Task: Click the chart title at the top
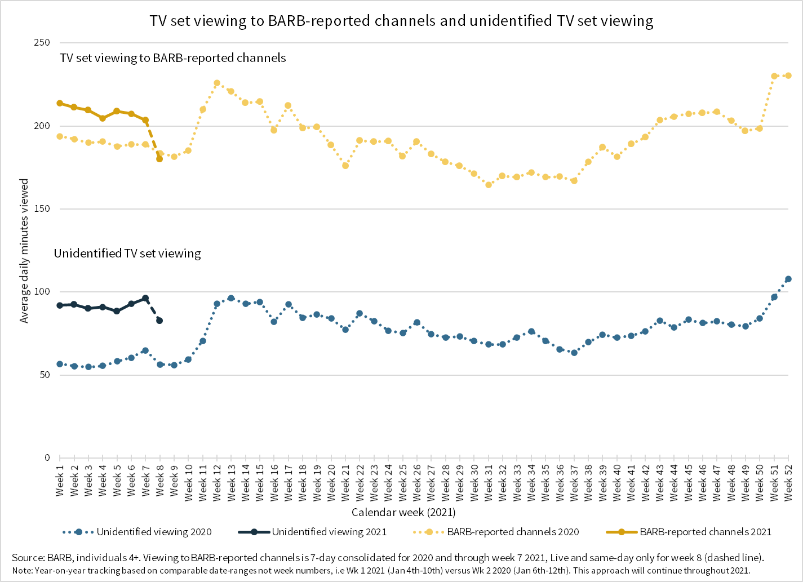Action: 401,21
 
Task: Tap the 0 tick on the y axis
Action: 47,458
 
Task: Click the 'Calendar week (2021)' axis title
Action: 403,512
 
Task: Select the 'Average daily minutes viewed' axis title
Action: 24,251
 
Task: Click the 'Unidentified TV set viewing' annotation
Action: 127,254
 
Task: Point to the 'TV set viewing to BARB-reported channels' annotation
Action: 173,58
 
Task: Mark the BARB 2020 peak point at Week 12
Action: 217,83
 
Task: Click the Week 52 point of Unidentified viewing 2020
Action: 788,279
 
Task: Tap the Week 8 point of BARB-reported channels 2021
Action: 159,159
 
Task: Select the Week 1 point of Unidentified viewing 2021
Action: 60,305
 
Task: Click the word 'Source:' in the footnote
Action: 28,558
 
